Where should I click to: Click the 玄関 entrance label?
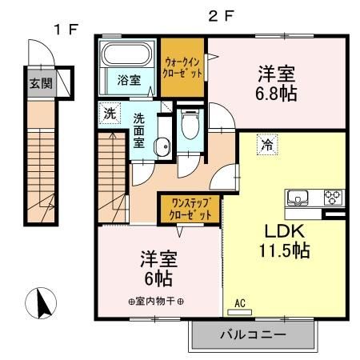[x=38, y=83]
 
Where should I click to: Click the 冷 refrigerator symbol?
[x=265, y=146]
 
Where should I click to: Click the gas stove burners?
[x=332, y=197]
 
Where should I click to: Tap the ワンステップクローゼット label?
[x=189, y=210]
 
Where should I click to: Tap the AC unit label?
[x=240, y=304]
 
